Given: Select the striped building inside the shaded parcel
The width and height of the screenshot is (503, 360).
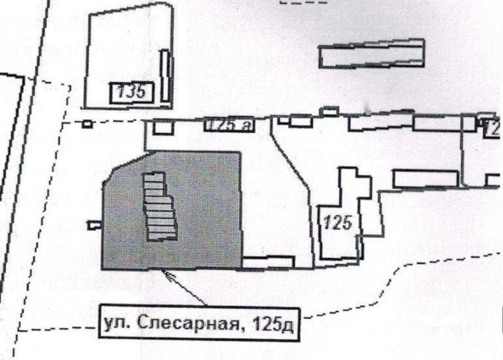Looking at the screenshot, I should tap(160, 206).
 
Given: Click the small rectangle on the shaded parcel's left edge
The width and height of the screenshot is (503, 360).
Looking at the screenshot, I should tap(94, 225).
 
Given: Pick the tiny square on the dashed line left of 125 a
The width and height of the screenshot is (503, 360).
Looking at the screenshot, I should tap(88, 124).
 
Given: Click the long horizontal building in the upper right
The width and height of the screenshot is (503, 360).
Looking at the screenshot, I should tap(371, 54).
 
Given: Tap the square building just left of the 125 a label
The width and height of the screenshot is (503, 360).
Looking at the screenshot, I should tap(163, 127).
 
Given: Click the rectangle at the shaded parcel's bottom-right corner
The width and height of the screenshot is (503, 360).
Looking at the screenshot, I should tap(268, 262).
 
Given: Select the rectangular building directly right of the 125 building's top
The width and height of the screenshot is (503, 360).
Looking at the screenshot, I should tap(426, 178).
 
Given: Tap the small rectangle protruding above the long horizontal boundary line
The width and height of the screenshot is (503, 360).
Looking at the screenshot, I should tap(329, 111).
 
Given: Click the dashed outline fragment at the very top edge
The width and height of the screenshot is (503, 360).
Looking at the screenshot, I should tap(303, 2).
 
